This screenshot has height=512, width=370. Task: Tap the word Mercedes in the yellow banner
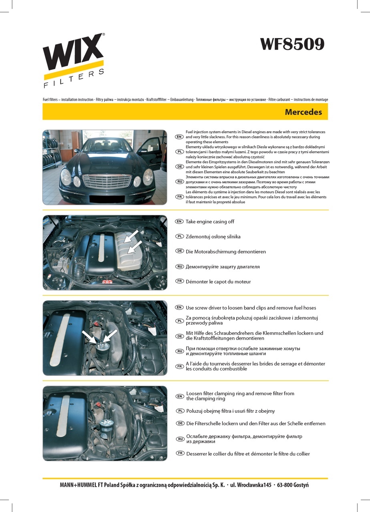pyautogui.click(x=303, y=112)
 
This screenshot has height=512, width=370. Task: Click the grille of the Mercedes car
pyautogui.click(x=107, y=182)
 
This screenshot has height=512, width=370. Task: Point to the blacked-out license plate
pyautogui.click(x=107, y=199)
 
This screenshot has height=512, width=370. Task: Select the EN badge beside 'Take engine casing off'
pyautogui.click(x=179, y=221)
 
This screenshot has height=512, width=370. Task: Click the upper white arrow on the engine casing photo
pyautogui.click(x=131, y=236)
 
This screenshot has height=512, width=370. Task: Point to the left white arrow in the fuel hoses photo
pyautogui.click(x=90, y=337)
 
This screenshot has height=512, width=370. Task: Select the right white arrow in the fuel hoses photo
pyautogui.click(x=110, y=336)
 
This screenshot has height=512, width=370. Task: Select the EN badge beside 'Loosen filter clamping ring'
pyautogui.click(x=180, y=396)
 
